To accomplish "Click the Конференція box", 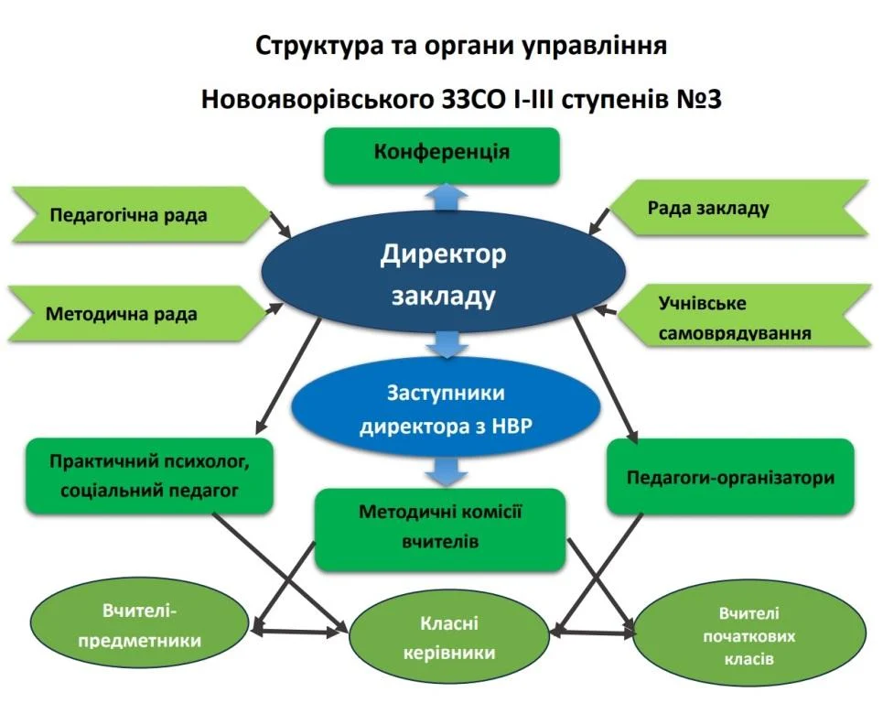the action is click(x=441, y=156).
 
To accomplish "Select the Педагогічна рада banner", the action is click(x=141, y=214).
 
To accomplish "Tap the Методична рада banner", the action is click(x=137, y=314).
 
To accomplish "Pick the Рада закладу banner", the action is click(x=738, y=208).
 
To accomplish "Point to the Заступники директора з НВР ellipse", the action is click(x=446, y=407).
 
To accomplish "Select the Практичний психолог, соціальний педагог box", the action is click(x=149, y=476).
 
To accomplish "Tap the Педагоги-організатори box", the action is click(x=730, y=477).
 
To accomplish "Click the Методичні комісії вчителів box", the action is click(x=440, y=529).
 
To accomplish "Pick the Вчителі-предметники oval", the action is click(x=139, y=625).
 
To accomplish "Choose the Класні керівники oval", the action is click(x=449, y=638).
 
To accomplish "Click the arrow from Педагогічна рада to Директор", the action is click(x=280, y=225).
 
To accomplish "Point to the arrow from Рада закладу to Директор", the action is click(x=599, y=221).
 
